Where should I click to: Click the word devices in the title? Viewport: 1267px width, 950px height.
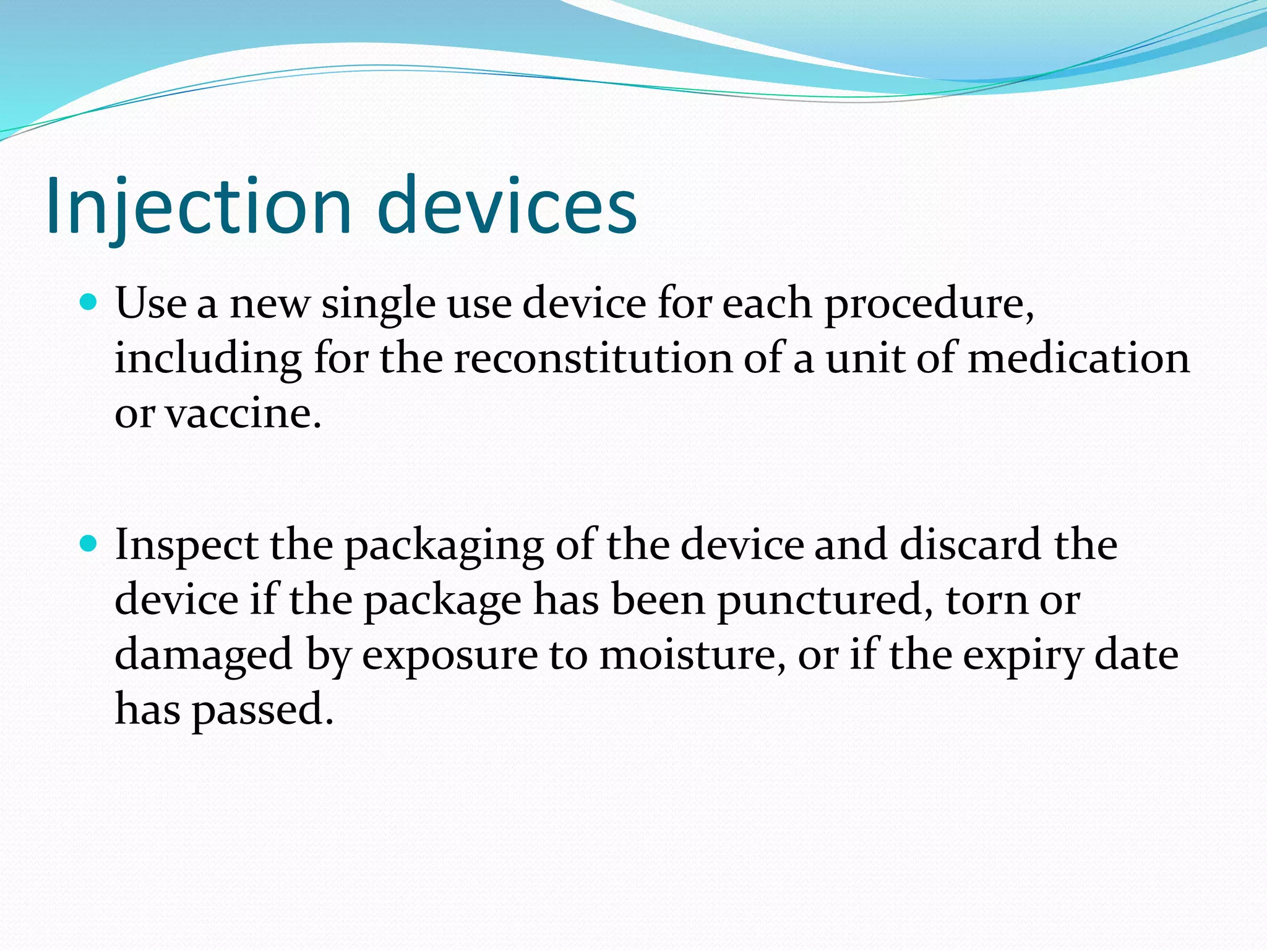[x=506, y=205]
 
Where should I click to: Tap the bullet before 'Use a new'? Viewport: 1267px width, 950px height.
[x=90, y=302]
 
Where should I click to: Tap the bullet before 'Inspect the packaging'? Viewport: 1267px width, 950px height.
[x=90, y=544]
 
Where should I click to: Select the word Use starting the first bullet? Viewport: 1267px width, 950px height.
[x=150, y=304]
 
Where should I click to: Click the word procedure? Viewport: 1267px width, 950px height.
[x=928, y=305]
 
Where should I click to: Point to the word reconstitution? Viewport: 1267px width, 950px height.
[x=593, y=359]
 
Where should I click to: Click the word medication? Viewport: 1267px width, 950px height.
[x=1078, y=359]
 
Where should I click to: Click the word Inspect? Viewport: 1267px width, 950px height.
[x=186, y=546]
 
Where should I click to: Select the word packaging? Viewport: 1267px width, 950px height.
[x=444, y=546]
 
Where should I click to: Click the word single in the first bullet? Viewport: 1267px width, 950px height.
[x=378, y=305]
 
